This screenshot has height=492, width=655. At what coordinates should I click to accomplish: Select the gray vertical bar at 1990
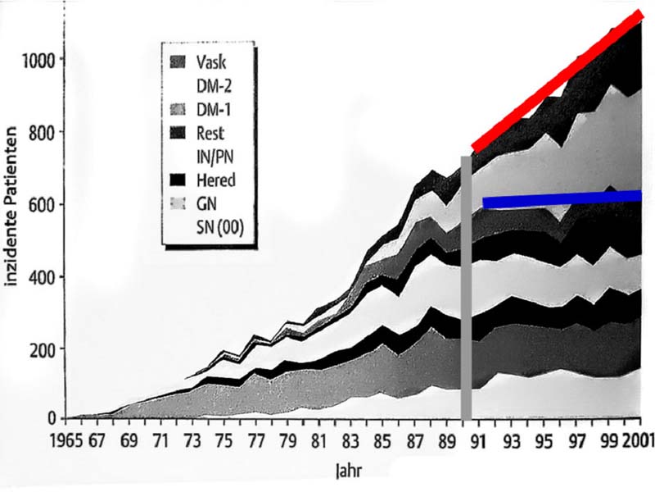(467, 287)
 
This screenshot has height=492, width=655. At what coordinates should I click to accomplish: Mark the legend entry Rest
(210, 133)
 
